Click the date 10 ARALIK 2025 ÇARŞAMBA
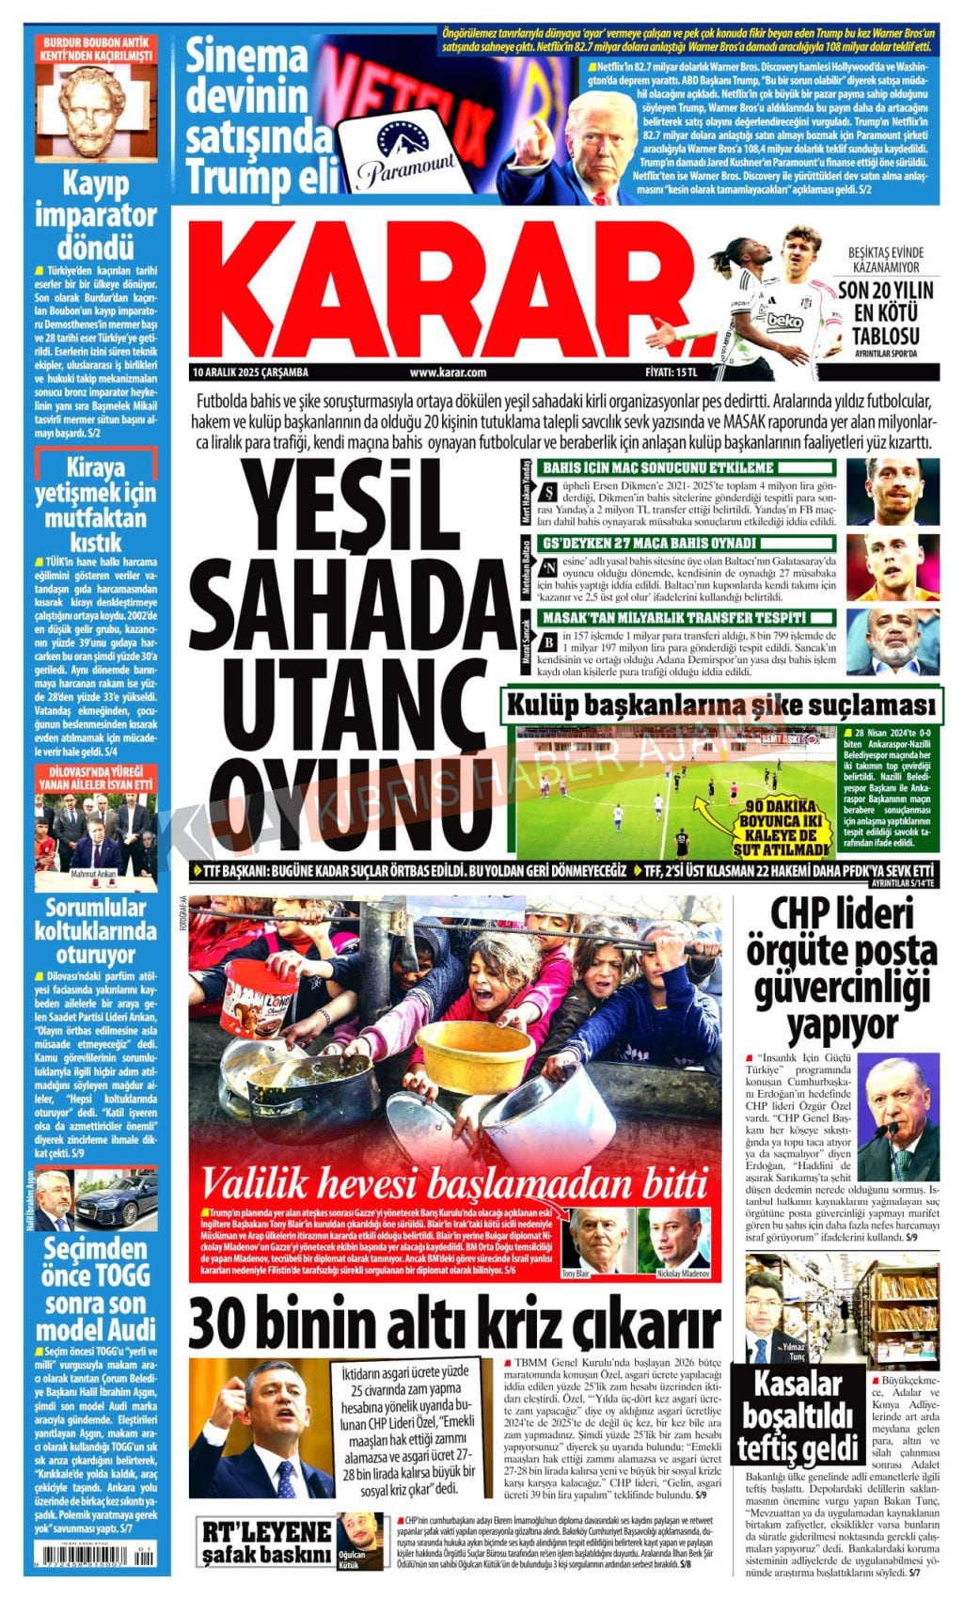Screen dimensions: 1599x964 pos(250,372)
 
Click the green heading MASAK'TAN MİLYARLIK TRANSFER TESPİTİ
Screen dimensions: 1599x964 pos(674,618)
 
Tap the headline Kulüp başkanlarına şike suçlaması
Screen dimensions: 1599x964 pos(721,705)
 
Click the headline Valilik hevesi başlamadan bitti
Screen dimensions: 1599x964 pos(455,1182)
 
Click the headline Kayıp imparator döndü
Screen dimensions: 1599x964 pos(96,214)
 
